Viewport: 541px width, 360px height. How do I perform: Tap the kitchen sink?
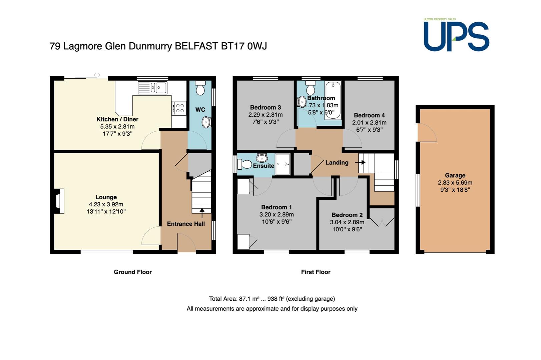pyautogui.click(x=152, y=88)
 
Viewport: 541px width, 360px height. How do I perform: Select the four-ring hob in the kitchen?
pyautogui.click(x=179, y=108)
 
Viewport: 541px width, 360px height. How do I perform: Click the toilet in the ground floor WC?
pyautogui.click(x=200, y=88)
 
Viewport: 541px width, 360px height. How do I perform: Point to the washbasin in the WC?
pyautogui.click(x=206, y=122)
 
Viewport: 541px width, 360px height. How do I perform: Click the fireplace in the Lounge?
pyautogui.click(x=59, y=201)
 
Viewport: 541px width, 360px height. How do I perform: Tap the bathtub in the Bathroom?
pyautogui.click(x=333, y=100)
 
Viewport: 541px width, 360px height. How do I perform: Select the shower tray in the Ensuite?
pyautogui.click(x=283, y=164)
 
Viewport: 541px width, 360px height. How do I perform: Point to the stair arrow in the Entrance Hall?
pyautogui.click(x=202, y=213)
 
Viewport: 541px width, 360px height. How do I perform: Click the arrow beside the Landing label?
pyautogui.click(x=360, y=162)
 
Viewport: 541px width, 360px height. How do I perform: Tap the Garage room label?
pyautogui.click(x=455, y=176)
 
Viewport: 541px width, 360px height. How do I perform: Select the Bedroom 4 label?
pyautogui.click(x=369, y=115)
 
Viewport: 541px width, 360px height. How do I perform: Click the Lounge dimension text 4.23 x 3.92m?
pyautogui.click(x=106, y=204)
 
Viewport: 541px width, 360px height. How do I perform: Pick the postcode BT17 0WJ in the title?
pyautogui.click(x=244, y=46)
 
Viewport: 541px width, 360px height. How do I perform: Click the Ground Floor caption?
pyautogui.click(x=133, y=272)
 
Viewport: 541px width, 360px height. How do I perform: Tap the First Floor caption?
pyautogui.click(x=316, y=272)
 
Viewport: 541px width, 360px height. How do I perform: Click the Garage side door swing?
pyautogui.click(x=427, y=133)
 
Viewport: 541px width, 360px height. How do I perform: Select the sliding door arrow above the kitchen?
pyautogui.click(x=97, y=75)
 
